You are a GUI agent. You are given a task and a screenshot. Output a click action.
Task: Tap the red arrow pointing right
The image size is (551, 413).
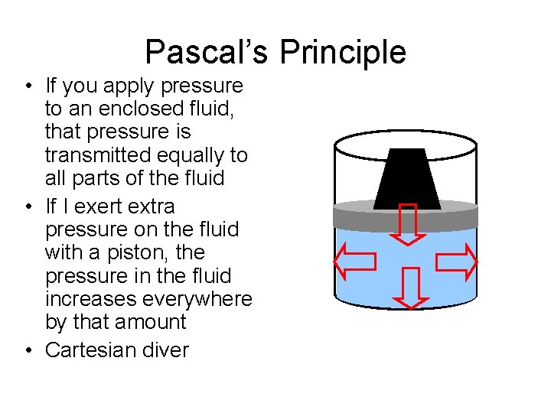click(x=457, y=262)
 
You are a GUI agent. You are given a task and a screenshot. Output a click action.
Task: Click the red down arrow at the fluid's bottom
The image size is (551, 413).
click(x=411, y=288)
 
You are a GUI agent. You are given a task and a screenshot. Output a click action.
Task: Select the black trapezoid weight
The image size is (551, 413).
click(x=407, y=177)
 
